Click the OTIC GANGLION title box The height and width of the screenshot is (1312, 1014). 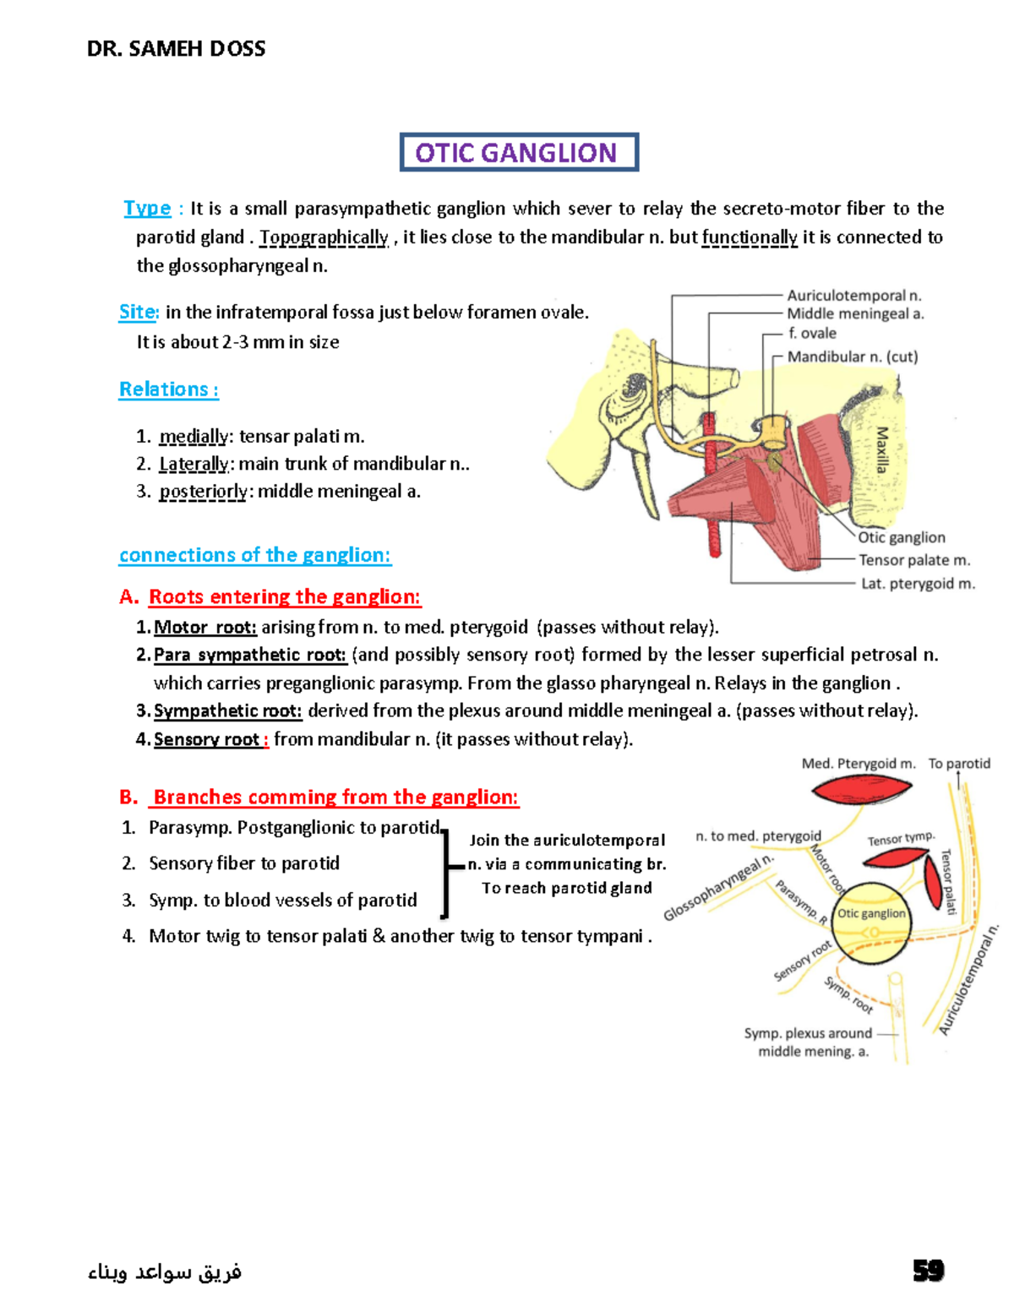[x=518, y=152]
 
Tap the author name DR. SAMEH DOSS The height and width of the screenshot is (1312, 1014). [x=176, y=49]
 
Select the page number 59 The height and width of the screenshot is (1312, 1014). [x=928, y=1271]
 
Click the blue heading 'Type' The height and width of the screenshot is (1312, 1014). [x=147, y=208]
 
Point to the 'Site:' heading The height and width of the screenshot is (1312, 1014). [x=138, y=312]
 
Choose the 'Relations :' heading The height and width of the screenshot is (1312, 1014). [x=168, y=389]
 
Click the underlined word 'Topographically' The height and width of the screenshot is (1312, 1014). [x=324, y=237]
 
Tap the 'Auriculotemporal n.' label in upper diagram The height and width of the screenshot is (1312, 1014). [x=853, y=296]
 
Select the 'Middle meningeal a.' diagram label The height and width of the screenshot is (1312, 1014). [x=855, y=314]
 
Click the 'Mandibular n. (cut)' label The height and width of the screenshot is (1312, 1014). [x=852, y=357]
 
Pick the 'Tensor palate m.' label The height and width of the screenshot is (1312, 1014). [x=913, y=560]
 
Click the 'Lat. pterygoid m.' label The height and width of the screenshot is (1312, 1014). [x=918, y=584]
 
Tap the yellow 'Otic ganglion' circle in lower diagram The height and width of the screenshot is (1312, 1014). [x=872, y=923]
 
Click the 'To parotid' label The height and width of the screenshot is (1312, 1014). [x=959, y=764]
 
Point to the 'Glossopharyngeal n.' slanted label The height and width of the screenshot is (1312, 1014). [x=718, y=888]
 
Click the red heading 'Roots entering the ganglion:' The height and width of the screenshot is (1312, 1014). [x=284, y=597]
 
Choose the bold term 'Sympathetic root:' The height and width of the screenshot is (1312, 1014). [x=227, y=711]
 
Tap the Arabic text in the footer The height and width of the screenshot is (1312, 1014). [x=165, y=1271]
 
